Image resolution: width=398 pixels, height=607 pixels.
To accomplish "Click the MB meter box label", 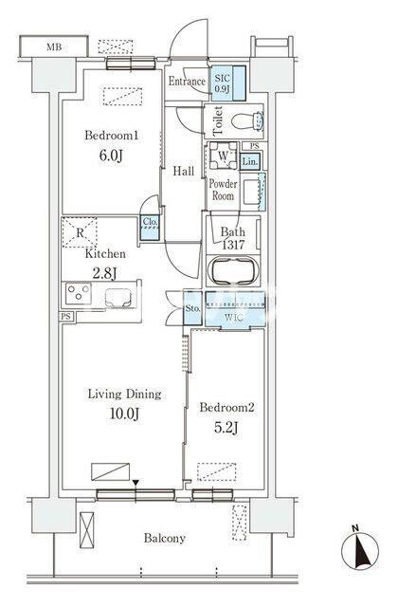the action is [54, 47].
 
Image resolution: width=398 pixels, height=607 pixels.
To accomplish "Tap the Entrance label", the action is [187, 82].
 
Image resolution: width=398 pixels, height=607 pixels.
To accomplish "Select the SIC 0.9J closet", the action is [228, 83].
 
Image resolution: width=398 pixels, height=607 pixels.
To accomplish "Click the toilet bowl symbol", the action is [248, 121].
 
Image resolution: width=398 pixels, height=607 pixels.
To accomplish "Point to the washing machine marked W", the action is [224, 156].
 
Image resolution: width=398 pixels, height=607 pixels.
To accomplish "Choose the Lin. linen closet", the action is [250, 161].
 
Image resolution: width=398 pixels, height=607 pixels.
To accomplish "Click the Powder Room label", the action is [224, 190].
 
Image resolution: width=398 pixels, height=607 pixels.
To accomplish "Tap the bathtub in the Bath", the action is [233, 270].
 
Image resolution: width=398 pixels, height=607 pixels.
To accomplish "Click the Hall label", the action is [183, 171].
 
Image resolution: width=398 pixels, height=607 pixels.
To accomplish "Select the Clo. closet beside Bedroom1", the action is [150, 228].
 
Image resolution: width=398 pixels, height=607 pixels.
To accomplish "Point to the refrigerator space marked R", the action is [80, 232].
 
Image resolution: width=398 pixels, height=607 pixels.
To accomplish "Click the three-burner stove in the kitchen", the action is [78, 293].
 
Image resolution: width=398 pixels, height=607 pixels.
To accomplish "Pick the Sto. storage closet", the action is [192, 308].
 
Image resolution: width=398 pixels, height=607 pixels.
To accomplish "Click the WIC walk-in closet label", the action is [234, 319].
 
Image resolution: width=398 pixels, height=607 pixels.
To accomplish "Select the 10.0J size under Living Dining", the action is [124, 414].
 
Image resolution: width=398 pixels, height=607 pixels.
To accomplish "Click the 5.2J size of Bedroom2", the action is [226, 427].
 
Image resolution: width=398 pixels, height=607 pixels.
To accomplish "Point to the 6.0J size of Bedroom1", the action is [111, 156].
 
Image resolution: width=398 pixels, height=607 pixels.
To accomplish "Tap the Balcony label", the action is [164, 538].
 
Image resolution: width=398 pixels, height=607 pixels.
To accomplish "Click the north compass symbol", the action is [360, 550].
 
